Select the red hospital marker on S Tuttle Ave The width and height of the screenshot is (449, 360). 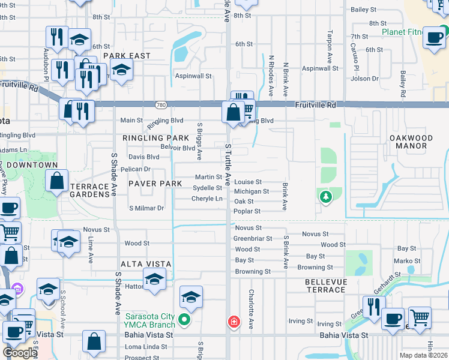click(234, 323)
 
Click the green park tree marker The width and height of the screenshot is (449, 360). click(325, 196)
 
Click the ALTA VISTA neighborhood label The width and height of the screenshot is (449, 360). click(146, 264)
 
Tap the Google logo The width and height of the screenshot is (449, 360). click(20, 352)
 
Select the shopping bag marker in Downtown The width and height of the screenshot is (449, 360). click(56, 181)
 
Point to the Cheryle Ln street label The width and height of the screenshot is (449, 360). click(207, 199)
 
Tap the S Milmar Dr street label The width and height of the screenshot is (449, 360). click(146, 208)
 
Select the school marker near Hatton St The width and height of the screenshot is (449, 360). click(154, 279)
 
